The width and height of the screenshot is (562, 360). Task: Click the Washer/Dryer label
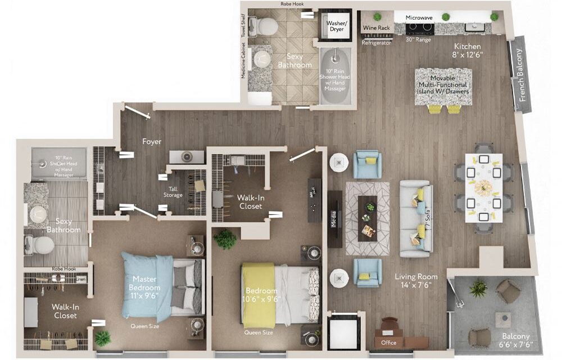(336, 26)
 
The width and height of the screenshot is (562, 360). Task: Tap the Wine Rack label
(376, 28)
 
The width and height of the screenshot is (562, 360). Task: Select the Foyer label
(152, 142)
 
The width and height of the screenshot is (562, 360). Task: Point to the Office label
(388, 343)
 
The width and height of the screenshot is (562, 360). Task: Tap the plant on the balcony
(478, 289)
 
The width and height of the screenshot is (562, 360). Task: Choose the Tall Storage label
(173, 191)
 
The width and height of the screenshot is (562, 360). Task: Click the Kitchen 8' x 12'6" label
(468, 51)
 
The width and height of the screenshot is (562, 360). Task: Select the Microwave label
(419, 18)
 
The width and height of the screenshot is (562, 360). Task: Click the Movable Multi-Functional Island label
(443, 84)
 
